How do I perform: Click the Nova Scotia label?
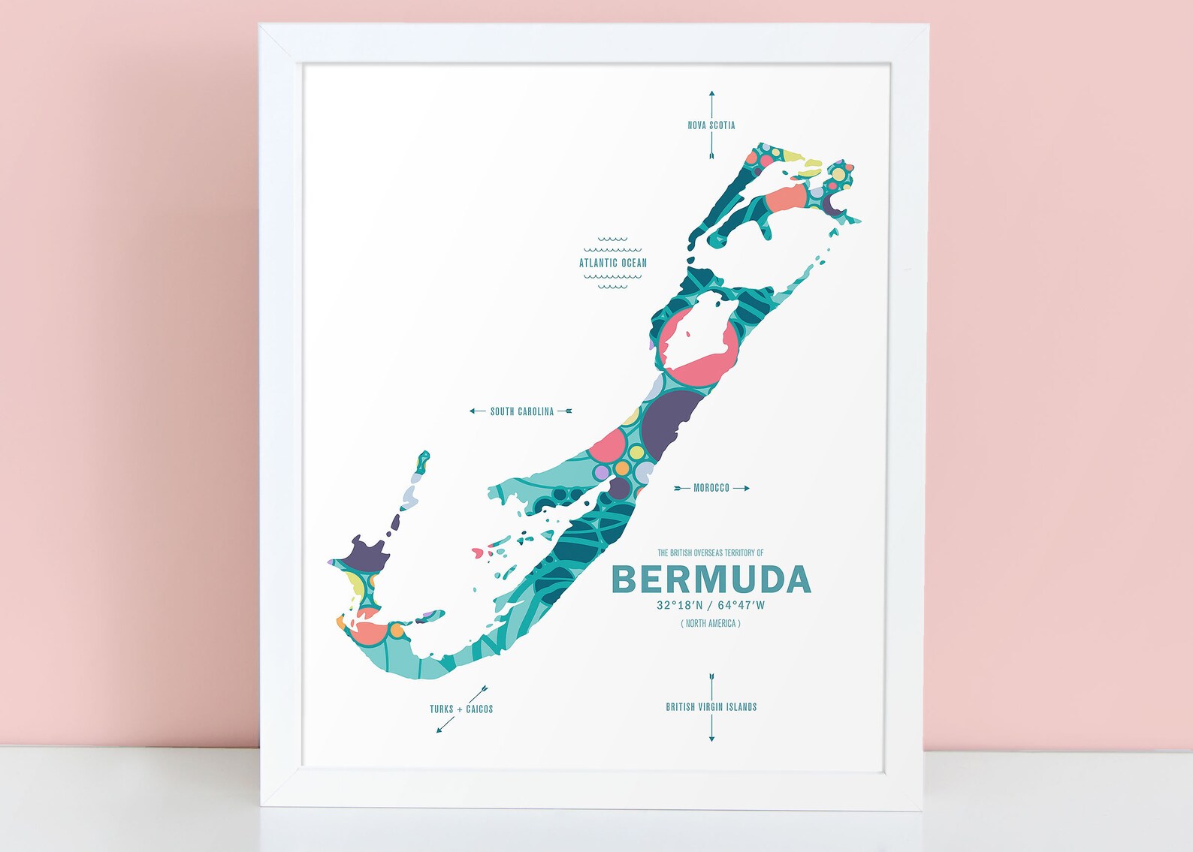pos(711,125)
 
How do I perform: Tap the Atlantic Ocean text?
pos(612,263)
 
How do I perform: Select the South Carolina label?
pos(521,411)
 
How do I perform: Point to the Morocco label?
pos(711,488)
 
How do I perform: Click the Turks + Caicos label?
pos(461,709)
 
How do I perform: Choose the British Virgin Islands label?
pos(711,707)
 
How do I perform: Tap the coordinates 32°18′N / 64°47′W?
pos(711,605)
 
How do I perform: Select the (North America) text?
pos(711,623)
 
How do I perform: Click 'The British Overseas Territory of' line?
pos(711,553)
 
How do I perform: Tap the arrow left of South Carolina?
pos(477,411)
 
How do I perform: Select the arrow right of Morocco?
pos(741,488)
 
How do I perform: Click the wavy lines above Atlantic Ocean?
pos(612,245)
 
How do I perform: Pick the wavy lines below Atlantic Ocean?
pos(612,281)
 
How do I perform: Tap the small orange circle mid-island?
pos(622,468)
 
